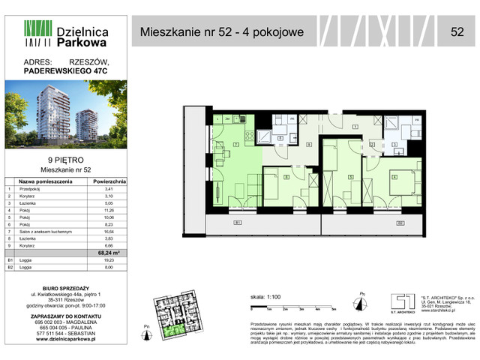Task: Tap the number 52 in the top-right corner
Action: pos(456,31)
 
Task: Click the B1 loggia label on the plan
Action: pos(237,223)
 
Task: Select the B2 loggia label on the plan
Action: pos(400,223)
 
